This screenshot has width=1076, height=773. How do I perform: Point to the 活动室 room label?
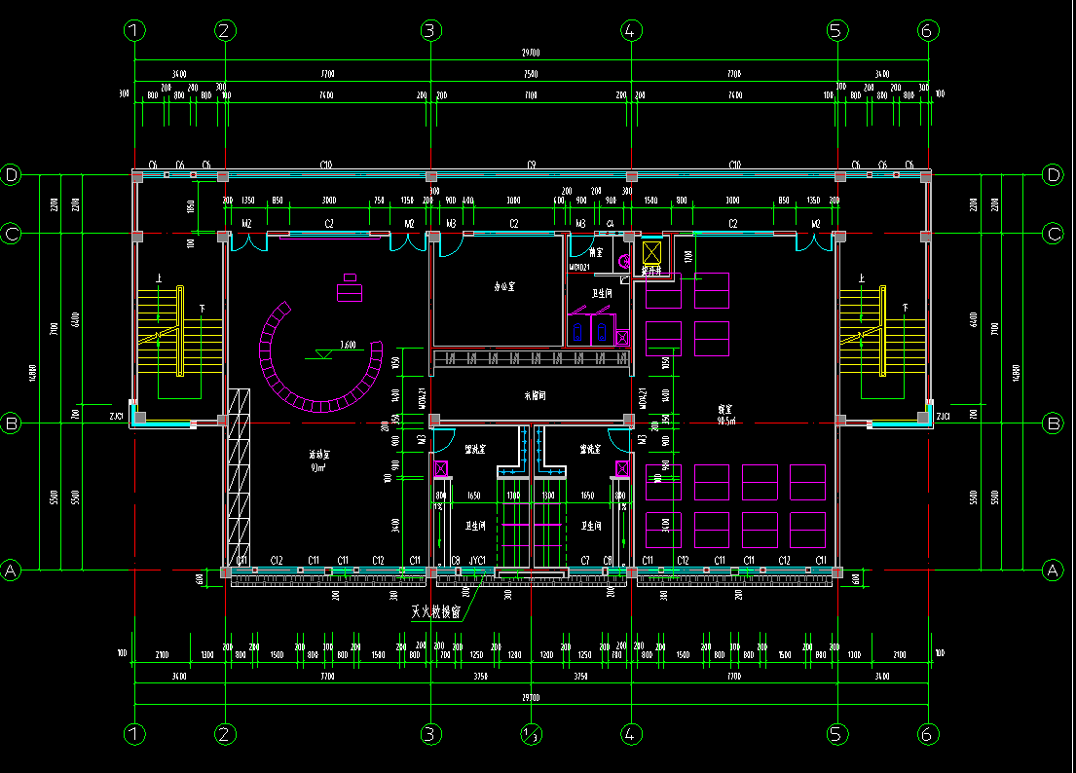pyautogui.click(x=318, y=456)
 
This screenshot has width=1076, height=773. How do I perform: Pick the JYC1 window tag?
pyautogui.click(x=477, y=561)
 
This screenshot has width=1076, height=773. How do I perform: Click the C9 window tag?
pyautogui.click(x=532, y=165)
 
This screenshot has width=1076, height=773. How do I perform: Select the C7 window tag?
pyautogui.click(x=585, y=561)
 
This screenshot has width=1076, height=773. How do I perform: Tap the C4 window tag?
pyautogui.click(x=611, y=225)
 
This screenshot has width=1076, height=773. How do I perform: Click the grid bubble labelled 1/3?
pyautogui.click(x=531, y=735)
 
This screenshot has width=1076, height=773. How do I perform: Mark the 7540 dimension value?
pyautogui.click(x=531, y=74)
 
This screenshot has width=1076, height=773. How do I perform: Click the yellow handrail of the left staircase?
pyautogui.click(x=181, y=331)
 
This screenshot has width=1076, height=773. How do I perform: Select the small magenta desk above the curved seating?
pyautogui.click(x=350, y=291)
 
